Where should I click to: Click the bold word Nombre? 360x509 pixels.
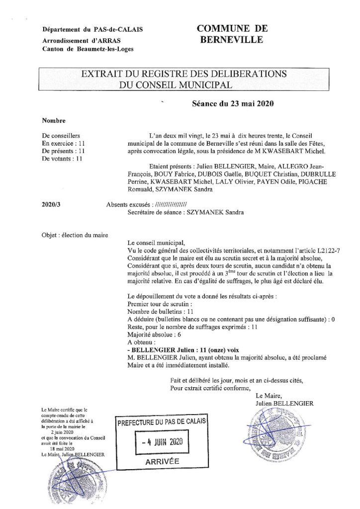(x=53, y=120)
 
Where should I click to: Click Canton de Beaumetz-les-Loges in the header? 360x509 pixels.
(x=88, y=49)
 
